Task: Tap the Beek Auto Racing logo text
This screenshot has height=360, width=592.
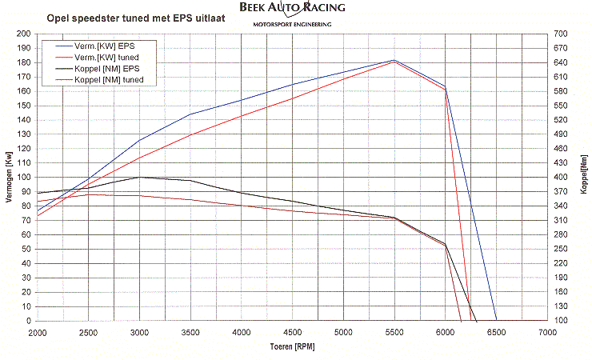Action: [292, 8]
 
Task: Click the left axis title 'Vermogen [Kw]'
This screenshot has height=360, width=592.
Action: [10, 177]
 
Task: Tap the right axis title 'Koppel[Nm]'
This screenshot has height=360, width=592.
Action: [584, 177]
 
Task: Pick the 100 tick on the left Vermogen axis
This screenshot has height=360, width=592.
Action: [25, 178]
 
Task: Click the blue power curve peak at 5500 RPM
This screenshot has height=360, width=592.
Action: [394, 60]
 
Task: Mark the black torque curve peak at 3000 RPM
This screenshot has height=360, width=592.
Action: [140, 177]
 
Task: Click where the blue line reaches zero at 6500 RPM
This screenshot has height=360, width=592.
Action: [496, 321]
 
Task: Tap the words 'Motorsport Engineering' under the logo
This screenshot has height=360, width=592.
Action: [292, 24]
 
